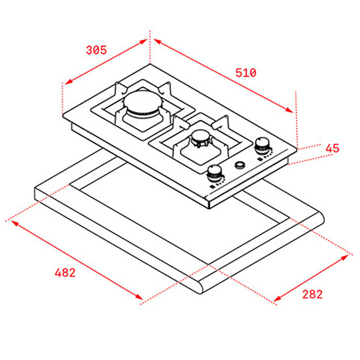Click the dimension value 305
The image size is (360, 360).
coord(96,50)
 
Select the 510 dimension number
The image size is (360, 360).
coord(245,72)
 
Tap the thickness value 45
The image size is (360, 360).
coord(332,148)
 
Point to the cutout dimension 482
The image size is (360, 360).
coord(65,272)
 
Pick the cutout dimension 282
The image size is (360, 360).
coord(312,294)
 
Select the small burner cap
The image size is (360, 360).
coord(200,136)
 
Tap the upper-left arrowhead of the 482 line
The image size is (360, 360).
coord(13,222)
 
